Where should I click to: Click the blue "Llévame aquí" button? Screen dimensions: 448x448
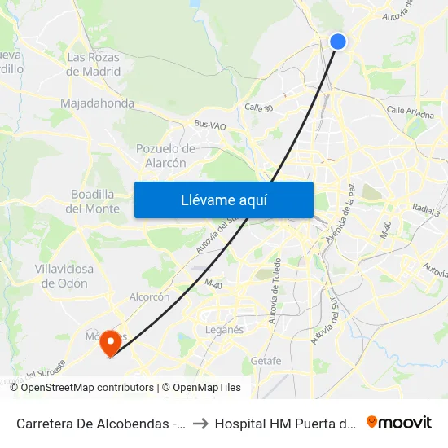223,200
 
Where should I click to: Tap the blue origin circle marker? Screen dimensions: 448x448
338,42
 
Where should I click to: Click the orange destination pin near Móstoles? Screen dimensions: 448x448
108,345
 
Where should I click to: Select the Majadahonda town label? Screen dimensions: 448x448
97,103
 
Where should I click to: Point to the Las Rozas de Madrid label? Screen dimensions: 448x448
94,64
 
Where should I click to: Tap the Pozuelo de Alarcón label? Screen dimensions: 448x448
165,156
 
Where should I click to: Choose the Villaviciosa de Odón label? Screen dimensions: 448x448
64,275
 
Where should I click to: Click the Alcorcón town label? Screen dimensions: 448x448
150,297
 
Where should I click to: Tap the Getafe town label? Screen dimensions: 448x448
266,361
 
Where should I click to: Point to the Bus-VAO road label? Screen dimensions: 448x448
209,125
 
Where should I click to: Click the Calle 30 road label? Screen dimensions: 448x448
260,107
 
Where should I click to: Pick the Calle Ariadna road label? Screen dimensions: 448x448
411,112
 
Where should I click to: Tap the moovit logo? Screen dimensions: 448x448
399,422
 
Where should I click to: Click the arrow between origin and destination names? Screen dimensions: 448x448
200,423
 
